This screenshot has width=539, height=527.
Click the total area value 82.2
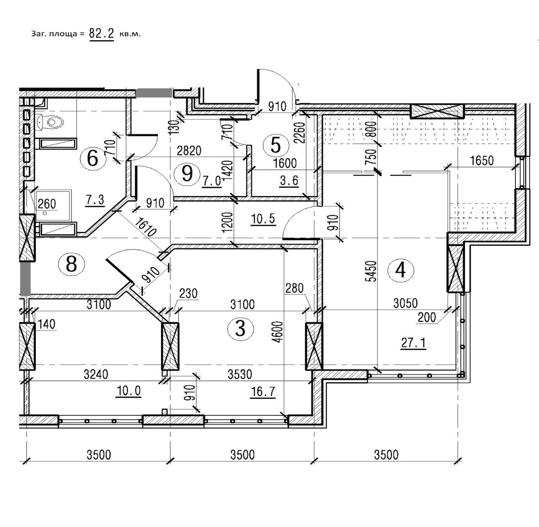click(101, 34)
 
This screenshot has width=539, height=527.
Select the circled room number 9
click(187, 173)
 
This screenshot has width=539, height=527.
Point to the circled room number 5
click(276, 145)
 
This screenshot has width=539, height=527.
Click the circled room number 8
click(71, 264)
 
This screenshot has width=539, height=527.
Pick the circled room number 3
click(240, 328)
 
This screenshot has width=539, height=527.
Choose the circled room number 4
click(400, 270)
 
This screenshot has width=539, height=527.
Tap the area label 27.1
click(413, 343)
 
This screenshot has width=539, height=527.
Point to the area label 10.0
click(128, 391)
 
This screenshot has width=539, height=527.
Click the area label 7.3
click(95, 200)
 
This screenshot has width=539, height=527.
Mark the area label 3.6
click(289, 181)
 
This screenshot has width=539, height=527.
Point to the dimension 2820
click(189, 150)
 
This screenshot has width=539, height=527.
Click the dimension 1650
click(482, 161)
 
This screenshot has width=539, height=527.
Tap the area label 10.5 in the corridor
click(263, 218)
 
